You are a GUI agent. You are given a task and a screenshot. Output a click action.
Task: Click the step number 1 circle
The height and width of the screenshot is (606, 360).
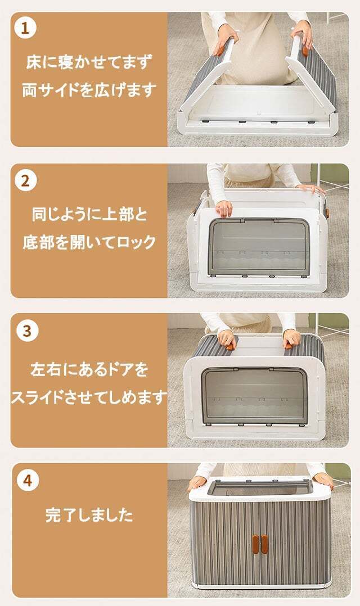click(25, 28)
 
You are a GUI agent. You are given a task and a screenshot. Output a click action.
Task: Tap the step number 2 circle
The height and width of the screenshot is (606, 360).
click(25, 180)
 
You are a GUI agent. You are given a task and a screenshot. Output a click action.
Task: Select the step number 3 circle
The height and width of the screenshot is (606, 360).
click(27, 331)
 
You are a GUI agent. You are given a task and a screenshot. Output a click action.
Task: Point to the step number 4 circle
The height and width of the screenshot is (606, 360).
click(27, 481)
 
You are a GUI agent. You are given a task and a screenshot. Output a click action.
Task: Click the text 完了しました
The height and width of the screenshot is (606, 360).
click(89, 515)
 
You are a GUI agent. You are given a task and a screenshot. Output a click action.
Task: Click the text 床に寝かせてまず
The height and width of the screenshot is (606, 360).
click(89, 62)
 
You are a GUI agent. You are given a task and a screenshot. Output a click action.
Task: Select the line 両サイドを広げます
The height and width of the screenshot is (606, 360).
click(89, 90)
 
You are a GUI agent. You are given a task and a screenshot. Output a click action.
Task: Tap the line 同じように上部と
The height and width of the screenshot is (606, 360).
click(89, 214)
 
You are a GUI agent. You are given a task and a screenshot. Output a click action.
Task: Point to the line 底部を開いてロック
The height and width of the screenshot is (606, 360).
click(89, 242)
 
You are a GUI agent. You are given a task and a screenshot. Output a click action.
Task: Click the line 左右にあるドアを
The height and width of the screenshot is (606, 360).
click(89, 369)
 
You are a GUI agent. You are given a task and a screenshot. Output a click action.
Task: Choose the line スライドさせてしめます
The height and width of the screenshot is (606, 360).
click(89, 397)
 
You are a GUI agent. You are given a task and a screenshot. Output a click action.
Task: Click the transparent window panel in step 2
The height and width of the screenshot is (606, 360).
click(259, 247)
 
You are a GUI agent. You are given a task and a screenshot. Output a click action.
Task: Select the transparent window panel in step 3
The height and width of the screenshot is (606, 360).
click(254, 396)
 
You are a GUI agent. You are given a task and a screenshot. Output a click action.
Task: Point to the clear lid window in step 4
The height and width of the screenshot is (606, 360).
click(260, 488)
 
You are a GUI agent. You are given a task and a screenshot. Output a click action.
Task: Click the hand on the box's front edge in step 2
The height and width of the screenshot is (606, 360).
click(224, 209)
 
